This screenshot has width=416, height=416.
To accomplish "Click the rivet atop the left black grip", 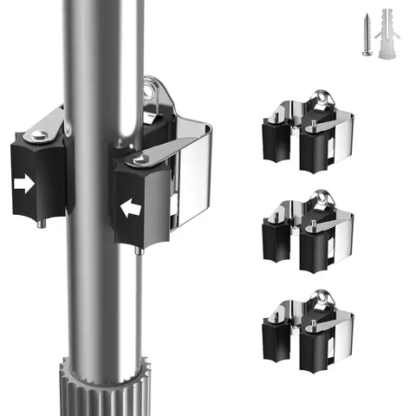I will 39,134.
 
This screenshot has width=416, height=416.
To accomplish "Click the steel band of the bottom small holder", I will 342,334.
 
